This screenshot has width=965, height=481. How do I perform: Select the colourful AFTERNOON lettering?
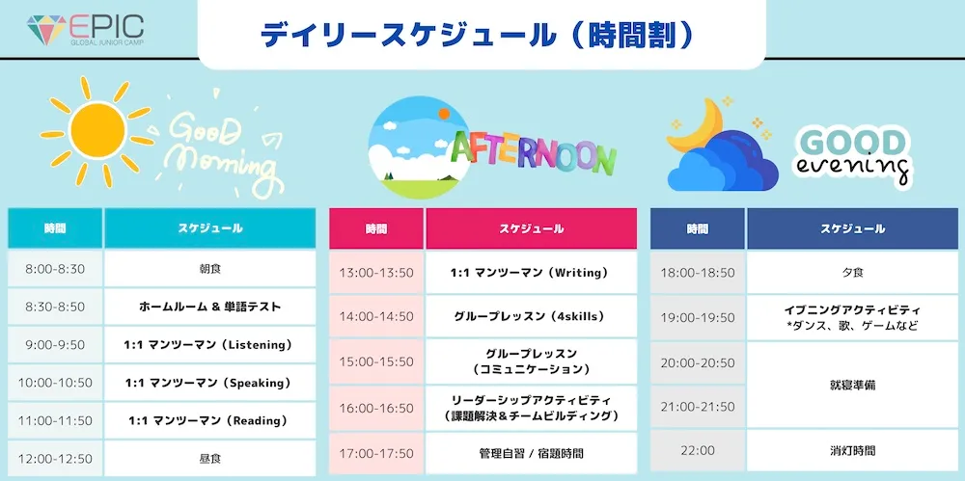(533, 153)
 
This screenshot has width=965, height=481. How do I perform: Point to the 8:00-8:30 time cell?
(55, 269)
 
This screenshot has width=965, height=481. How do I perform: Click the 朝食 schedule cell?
(209, 269)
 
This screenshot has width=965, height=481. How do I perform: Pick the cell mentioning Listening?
(209, 345)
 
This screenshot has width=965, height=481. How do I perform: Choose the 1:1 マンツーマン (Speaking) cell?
(209, 384)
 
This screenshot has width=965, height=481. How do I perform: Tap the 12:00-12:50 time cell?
(55, 459)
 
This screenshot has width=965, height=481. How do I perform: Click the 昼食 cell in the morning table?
(209, 459)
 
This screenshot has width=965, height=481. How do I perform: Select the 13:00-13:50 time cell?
(376, 273)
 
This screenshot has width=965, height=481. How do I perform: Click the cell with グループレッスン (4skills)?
(531, 317)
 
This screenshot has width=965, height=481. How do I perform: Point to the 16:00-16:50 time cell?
(376, 409)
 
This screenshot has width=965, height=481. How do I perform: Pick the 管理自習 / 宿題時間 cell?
(531, 454)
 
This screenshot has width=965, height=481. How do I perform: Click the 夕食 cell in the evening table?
(852, 273)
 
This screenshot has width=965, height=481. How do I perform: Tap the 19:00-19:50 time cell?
(698, 318)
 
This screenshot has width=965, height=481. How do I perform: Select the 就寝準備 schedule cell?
(852, 386)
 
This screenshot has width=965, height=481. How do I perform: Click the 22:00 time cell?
(698, 450)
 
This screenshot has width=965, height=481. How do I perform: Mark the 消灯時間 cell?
(852, 450)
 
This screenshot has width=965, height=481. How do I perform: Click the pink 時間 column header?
(376, 228)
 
